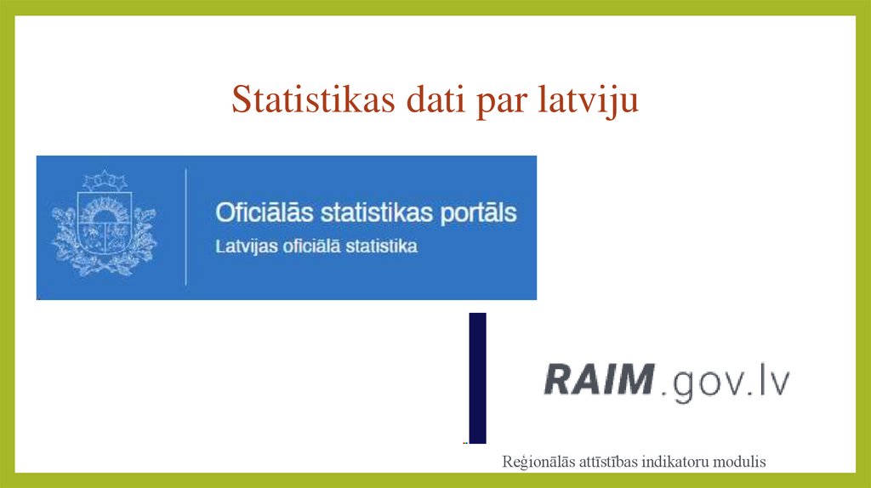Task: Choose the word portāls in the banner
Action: coord(473,213)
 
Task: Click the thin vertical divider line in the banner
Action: coord(186,227)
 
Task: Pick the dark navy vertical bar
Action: coord(477,377)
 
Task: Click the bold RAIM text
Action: coord(598,379)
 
